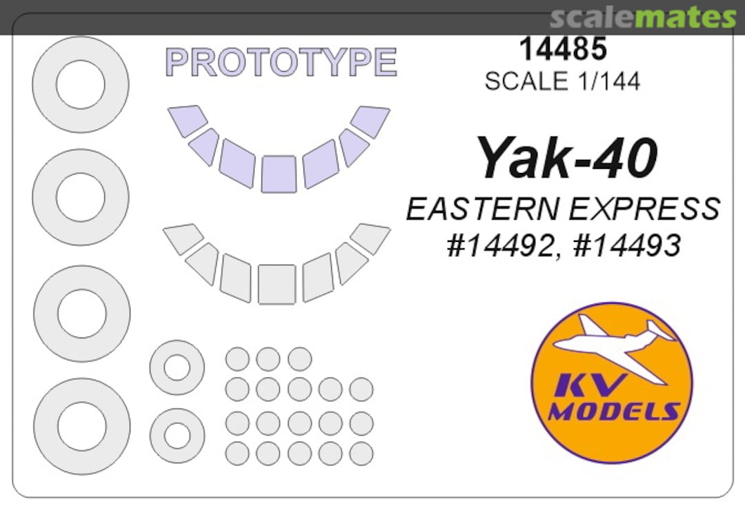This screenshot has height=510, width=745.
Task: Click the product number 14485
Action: coord(563,48)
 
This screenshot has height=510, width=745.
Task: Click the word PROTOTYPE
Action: coord(281,62)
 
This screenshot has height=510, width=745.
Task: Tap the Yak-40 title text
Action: coord(567,158)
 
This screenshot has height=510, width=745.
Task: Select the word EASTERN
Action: coord(483,209)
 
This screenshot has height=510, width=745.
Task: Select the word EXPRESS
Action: coord(644,209)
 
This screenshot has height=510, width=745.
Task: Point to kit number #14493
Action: coord(627,246)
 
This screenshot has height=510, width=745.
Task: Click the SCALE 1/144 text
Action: coord(563,81)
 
